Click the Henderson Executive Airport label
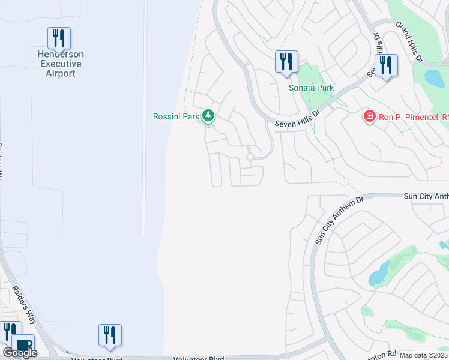61,64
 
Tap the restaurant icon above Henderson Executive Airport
59,38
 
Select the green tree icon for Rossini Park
208,115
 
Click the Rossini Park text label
176,116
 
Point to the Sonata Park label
310,88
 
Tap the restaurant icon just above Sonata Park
286,61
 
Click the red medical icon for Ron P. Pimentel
370,116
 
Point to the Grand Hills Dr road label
411,43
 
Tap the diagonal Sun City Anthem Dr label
340,219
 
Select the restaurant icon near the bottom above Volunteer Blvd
110,335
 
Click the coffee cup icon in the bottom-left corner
23,346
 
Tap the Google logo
20,353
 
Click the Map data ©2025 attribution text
423,355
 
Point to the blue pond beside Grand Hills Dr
432,78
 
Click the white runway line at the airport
144,120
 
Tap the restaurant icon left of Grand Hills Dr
385,65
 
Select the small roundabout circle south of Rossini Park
250,157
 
